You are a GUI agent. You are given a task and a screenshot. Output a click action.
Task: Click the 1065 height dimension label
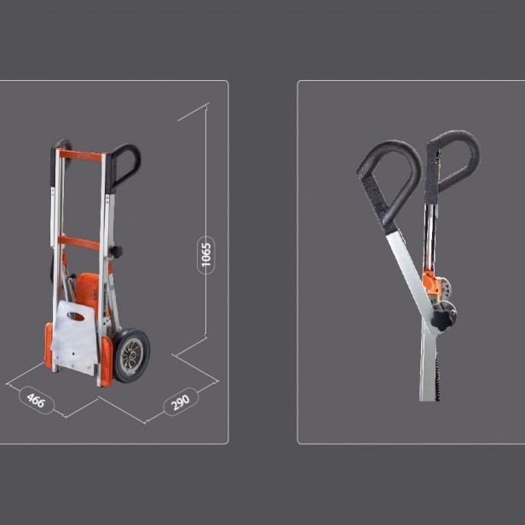pos(206,255)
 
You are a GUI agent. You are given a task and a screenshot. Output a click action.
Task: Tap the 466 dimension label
pos(36,400)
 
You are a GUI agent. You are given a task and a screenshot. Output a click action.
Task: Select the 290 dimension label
pos(181,402)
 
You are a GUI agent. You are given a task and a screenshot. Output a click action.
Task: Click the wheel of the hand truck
pos(131,355)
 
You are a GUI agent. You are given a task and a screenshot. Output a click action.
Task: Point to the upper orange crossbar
pos(81,155)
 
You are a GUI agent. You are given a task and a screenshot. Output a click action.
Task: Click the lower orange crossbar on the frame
pos(79,243)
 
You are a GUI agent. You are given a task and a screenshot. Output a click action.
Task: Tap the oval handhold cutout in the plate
pos(76,316)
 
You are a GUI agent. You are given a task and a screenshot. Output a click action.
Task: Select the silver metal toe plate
pos(74,338)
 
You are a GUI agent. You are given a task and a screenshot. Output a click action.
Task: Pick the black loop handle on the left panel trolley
pos(124,167)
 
